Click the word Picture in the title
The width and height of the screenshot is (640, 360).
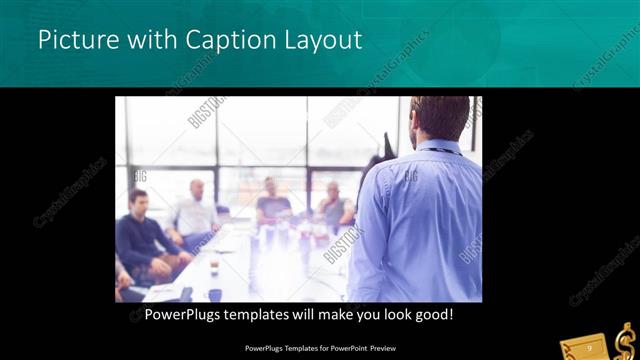pos(75,41)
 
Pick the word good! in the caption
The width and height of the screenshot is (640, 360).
pos(435,315)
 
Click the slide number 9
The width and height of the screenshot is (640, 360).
pos(590,347)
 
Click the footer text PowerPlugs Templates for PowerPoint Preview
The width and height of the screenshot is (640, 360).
pos(320,348)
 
